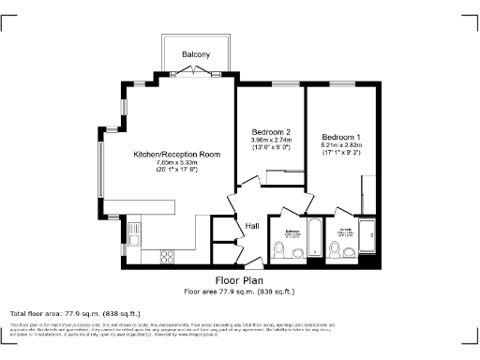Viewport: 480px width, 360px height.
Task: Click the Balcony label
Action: tap(196, 53)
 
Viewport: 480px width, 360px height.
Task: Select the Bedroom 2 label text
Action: tap(272, 132)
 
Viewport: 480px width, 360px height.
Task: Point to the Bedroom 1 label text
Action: tap(341, 137)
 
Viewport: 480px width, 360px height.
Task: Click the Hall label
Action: tap(252, 226)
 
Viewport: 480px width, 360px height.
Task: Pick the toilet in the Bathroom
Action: tap(279, 249)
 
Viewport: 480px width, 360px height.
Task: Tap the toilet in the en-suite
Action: tap(336, 249)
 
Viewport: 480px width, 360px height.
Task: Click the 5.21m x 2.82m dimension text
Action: tap(341, 146)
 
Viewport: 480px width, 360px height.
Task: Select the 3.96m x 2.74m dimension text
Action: tap(272, 141)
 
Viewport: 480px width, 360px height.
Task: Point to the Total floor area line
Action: tap(75, 312)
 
